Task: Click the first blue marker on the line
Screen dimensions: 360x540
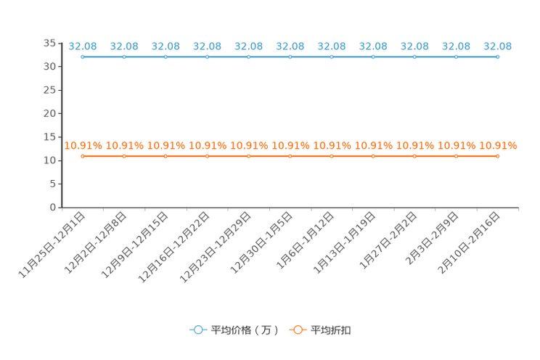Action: pyautogui.click(x=83, y=57)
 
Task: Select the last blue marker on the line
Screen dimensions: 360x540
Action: pyautogui.click(x=497, y=57)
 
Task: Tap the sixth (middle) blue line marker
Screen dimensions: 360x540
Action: pyautogui.click(x=290, y=57)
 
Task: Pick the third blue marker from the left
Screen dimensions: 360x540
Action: pyautogui.click(x=166, y=57)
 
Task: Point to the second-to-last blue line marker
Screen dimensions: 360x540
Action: pyautogui.click(x=456, y=57)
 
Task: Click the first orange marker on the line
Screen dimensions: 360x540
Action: pyautogui.click(x=83, y=156)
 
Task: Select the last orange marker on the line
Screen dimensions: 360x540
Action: pyautogui.click(x=497, y=156)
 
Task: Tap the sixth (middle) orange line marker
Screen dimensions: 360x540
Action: pyautogui.click(x=290, y=156)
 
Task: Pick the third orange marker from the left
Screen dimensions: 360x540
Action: pyautogui.click(x=166, y=156)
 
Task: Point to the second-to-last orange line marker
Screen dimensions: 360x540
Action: pyautogui.click(x=456, y=156)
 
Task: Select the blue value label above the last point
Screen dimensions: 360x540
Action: pyautogui.click(x=497, y=46)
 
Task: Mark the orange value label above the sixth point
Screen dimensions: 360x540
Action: pyautogui.click(x=290, y=146)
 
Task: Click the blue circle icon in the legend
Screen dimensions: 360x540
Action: pyautogui.click(x=197, y=330)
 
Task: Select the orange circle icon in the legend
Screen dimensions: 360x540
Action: pyautogui.click(x=298, y=330)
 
